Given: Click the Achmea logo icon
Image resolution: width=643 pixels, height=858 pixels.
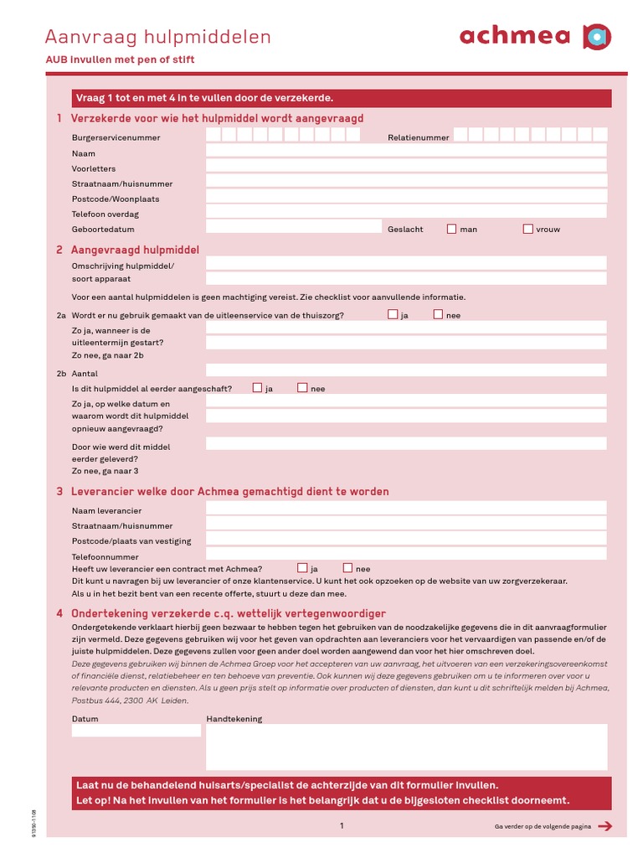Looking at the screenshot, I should point(596,37).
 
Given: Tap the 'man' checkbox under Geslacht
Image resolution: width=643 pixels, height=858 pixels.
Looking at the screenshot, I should point(452,229).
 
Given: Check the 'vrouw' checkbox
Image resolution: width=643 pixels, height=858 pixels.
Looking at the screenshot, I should point(528,229).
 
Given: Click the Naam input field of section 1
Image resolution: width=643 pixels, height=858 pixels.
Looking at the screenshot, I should point(406,151).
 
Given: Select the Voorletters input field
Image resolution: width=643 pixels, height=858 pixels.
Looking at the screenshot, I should point(406,166).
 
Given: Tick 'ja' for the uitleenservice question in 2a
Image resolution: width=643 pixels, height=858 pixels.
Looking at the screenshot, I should point(393,315).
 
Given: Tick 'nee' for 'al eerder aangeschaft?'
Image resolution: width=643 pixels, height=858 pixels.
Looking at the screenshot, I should point(302,388).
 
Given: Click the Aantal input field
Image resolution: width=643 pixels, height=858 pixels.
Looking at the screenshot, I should point(406,370).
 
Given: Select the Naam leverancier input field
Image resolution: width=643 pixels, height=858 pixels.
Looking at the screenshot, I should point(406,508).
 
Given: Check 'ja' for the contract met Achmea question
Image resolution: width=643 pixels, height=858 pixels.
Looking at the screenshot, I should point(302,568).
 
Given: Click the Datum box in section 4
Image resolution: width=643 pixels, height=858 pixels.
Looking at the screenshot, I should point(136,731).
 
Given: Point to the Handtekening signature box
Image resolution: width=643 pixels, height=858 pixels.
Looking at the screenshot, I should point(406,747).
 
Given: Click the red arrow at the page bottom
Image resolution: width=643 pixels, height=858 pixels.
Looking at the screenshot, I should point(606,826).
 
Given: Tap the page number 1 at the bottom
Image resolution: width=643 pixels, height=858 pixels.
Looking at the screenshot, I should point(342,826).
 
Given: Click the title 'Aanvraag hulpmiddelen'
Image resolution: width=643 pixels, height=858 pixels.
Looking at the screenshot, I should point(158,37).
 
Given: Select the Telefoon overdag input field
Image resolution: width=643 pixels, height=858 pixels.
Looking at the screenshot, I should point(406,212).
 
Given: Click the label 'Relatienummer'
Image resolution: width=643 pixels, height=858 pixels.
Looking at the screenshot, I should point(419,137).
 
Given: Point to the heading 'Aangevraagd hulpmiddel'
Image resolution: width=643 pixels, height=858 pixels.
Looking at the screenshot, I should point(135,250).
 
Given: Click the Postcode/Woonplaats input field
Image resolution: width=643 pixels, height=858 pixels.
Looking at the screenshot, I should point(406,197).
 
